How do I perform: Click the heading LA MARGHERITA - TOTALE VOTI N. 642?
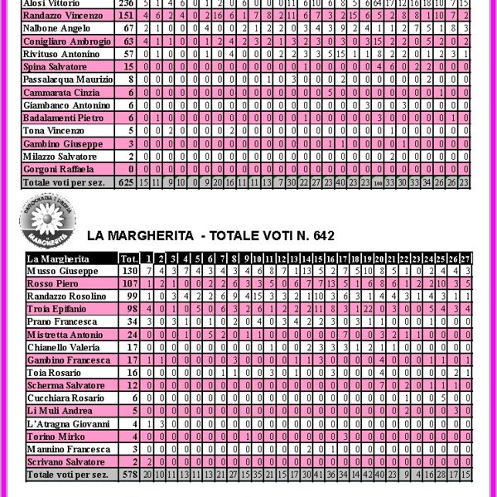click(x=210, y=236)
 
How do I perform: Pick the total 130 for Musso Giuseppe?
click(x=129, y=271)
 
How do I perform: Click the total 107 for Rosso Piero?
click(x=129, y=283)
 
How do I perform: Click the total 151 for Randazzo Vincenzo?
click(x=127, y=15)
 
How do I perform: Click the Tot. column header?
click(x=129, y=258)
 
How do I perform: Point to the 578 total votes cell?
click(x=129, y=475)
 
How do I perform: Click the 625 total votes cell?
click(x=127, y=181)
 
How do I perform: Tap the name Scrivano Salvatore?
click(x=66, y=461)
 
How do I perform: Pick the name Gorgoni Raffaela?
click(x=59, y=168)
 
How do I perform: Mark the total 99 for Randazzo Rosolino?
click(x=129, y=296)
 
